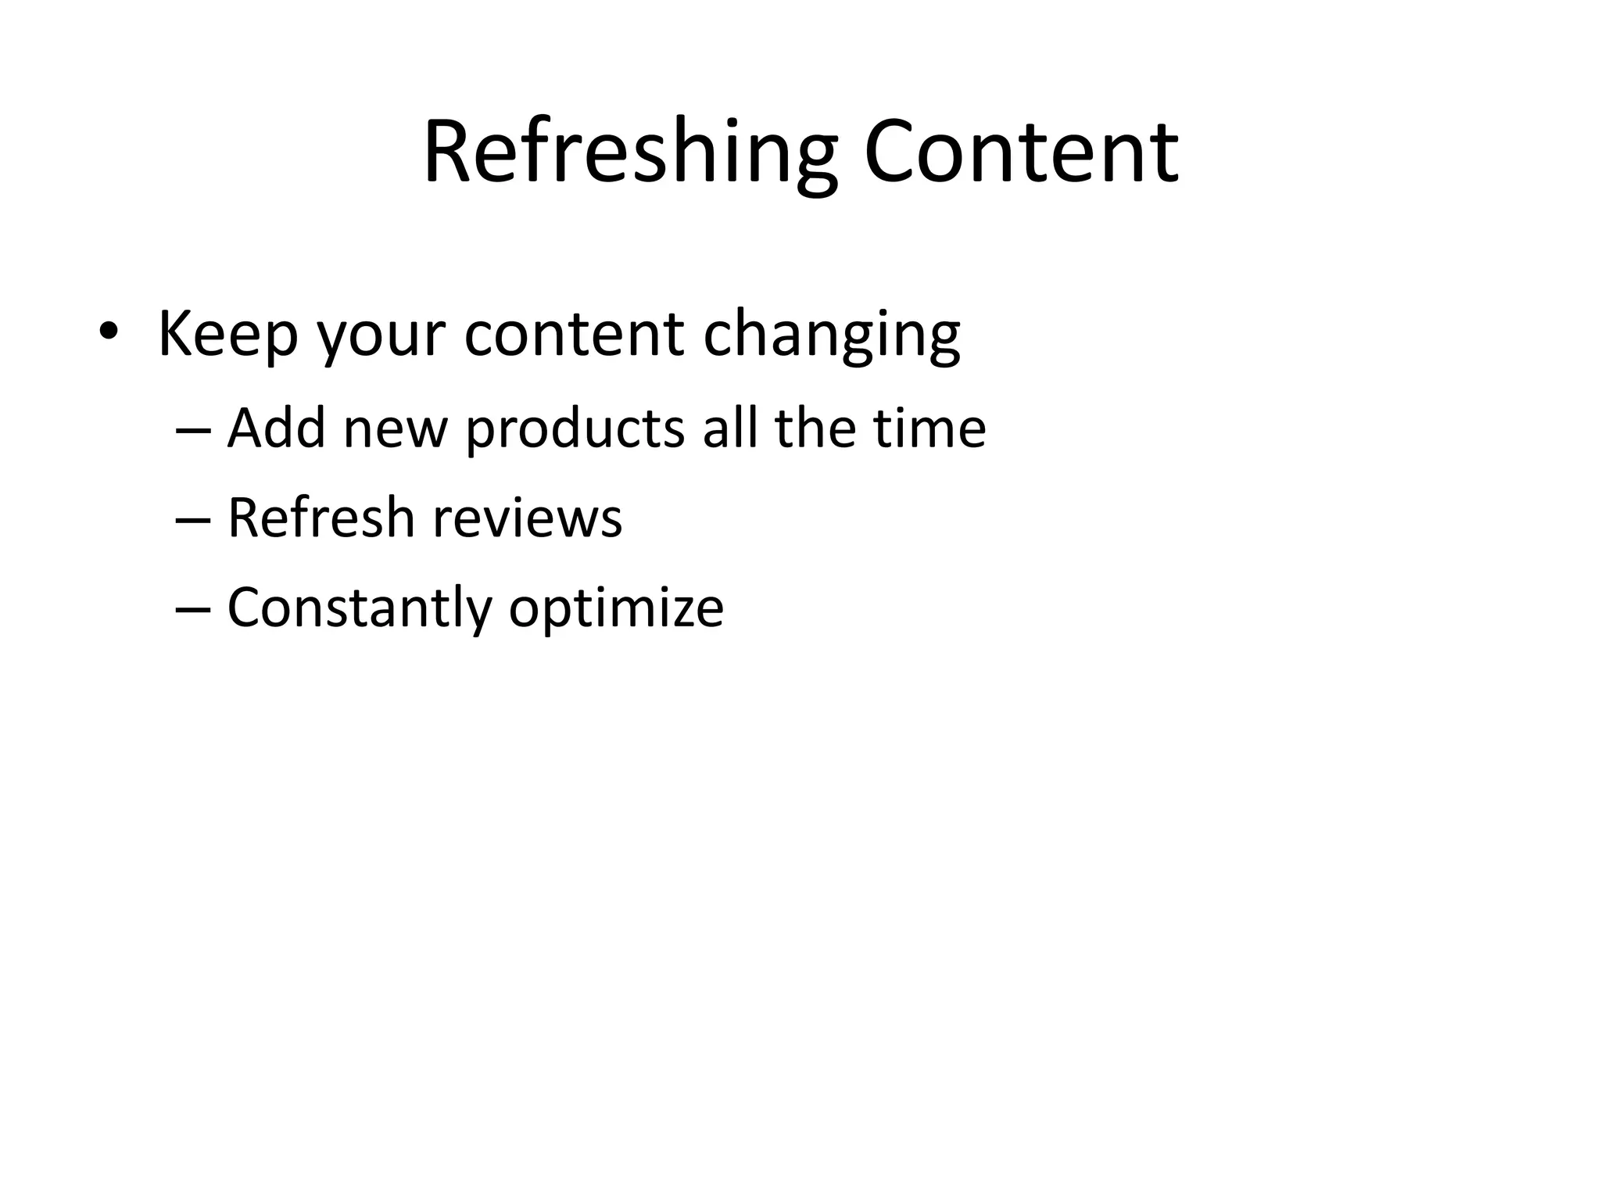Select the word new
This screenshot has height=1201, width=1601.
pyautogui.click(x=396, y=430)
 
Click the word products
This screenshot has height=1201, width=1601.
pyautogui.click(x=575, y=430)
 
